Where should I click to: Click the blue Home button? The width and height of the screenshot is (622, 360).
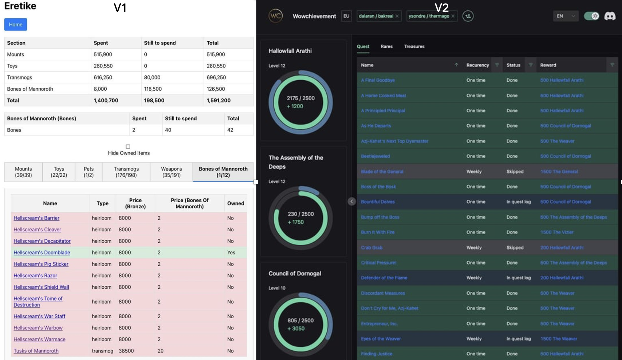(x=15, y=25)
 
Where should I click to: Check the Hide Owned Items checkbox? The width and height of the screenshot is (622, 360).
(x=128, y=147)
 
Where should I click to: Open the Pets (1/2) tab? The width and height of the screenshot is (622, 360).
(x=89, y=172)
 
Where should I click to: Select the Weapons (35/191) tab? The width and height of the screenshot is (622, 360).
(x=171, y=172)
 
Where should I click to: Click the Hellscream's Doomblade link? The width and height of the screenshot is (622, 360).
(x=42, y=253)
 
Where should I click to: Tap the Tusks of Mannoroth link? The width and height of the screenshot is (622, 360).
(x=36, y=351)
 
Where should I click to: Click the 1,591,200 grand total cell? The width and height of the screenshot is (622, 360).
(x=219, y=100)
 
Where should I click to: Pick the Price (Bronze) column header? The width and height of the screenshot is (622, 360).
(x=135, y=203)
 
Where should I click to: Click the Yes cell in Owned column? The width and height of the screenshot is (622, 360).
(x=231, y=253)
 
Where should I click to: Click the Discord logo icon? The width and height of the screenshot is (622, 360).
(x=610, y=16)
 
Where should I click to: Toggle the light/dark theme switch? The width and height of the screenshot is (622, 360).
(x=591, y=16)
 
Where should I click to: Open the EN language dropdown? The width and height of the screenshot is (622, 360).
(x=566, y=16)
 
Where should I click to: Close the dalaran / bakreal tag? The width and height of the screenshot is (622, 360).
(x=397, y=16)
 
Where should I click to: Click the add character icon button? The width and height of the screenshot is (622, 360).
(x=468, y=16)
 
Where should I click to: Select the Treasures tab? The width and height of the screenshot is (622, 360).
(x=414, y=47)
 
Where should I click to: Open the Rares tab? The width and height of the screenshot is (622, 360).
(x=386, y=47)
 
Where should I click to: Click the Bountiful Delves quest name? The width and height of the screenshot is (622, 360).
(x=378, y=202)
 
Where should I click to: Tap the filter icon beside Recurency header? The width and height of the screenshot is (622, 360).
(x=497, y=65)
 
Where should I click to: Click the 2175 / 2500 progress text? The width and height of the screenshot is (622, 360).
(x=301, y=98)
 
